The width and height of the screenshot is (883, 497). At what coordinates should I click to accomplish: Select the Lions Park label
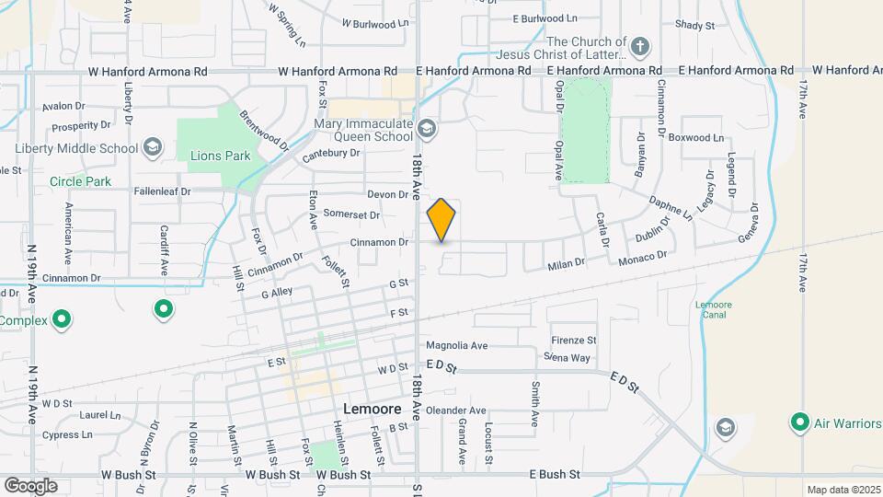[220, 156]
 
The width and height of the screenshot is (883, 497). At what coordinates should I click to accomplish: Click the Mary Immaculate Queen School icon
[426, 128]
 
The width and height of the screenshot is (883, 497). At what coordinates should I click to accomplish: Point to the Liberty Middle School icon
[153, 147]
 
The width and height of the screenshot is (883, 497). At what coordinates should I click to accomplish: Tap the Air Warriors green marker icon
[799, 423]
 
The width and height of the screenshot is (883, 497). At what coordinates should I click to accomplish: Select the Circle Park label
[81, 181]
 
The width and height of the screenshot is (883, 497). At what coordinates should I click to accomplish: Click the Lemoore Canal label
[711, 309]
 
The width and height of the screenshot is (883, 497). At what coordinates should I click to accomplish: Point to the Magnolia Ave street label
[456, 346]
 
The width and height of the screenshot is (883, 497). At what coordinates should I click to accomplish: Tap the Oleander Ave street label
[455, 410]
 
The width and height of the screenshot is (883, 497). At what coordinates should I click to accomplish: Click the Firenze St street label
[573, 341]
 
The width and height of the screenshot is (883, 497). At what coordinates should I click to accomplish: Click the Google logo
[30, 485]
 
